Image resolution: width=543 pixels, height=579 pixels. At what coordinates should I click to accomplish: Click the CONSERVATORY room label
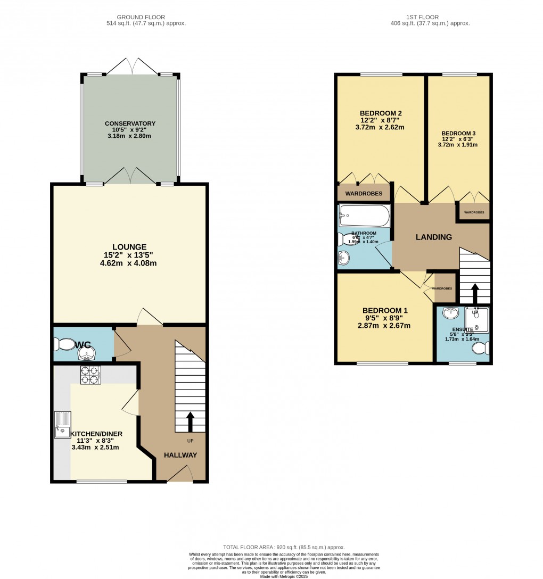[x=130, y=124]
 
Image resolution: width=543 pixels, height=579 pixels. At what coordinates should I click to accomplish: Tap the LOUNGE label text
[x=129, y=246]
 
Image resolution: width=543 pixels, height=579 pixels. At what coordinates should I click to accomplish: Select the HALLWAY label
[x=180, y=455]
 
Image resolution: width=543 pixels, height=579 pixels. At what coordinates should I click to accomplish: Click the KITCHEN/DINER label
[x=96, y=434]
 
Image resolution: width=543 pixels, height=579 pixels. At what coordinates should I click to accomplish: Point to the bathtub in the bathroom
[x=365, y=216]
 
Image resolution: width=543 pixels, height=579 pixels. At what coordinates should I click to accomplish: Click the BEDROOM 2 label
[x=381, y=113]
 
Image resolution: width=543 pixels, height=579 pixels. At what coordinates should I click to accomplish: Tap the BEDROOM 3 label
[x=458, y=133]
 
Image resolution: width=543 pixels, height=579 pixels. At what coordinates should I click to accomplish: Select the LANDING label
[x=434, y=237]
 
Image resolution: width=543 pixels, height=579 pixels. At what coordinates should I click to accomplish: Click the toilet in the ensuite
[x=480, y=349]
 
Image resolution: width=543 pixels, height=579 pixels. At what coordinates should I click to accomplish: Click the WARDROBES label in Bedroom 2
[x=363, y=194]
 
